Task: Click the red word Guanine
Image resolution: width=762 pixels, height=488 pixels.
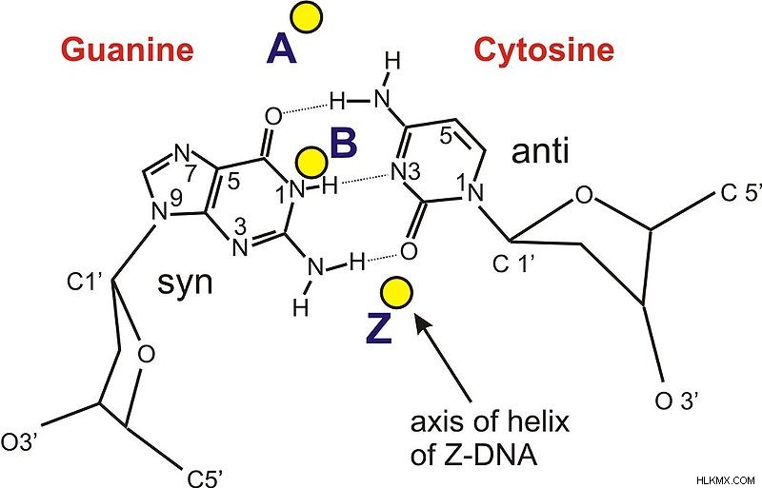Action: pos(128,50)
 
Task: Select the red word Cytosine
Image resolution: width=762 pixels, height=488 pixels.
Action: pos(544,50)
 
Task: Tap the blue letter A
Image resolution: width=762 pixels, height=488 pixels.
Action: pos(281,51)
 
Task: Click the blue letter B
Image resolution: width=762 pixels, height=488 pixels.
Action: pos(344,143)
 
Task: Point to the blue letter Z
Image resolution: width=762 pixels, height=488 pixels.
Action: pos(378,330)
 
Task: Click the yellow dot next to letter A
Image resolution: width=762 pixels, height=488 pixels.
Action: pos(307,18)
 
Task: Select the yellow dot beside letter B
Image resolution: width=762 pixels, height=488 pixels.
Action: pos(311,163)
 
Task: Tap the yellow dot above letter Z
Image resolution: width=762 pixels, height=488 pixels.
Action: pos(396,293)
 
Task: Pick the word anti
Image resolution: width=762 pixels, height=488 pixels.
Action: pos(540,151)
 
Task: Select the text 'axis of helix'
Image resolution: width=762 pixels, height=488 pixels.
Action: pos(490,423)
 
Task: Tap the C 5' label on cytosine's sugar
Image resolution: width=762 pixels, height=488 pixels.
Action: pos(740,193)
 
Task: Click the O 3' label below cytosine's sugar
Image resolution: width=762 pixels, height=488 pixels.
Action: pos(677,401)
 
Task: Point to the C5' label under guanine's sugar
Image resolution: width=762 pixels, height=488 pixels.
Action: pos(205,478)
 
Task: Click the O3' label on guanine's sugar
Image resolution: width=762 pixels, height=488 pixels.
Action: pos(19,443)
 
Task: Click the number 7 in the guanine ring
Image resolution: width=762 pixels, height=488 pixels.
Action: pos(190,175)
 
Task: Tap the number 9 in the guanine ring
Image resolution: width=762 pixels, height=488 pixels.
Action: pos(176,197)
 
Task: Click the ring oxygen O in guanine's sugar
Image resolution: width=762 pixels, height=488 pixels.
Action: pos(147,355)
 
